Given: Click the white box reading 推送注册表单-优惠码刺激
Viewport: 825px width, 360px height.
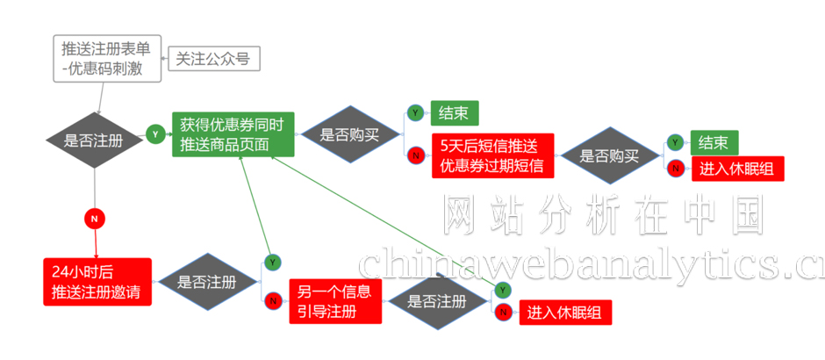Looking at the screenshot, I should coord(107,57).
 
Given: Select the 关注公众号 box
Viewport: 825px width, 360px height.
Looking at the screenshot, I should coord(214,59).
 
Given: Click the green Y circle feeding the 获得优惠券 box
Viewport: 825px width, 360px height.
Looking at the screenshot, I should coord(155,134).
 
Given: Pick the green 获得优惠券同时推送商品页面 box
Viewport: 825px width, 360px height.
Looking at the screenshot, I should coord(232,133).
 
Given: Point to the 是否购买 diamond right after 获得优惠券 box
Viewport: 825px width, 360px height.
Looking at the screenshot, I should coord(348,135).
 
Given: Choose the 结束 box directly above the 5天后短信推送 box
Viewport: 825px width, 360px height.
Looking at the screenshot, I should coord(454,113).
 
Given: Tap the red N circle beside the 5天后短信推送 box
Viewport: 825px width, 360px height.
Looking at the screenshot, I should coord(415,155).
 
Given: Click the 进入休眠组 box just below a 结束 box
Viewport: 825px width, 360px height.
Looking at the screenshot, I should coord(735,168).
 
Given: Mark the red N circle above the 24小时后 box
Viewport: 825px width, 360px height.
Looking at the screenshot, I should coord(94,216).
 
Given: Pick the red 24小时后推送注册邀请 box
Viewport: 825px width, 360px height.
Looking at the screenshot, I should coord(97,282).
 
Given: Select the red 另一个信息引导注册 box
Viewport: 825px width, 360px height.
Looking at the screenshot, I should coord(333,301).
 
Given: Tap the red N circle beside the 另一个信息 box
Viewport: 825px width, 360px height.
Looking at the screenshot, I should coord(272,300).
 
